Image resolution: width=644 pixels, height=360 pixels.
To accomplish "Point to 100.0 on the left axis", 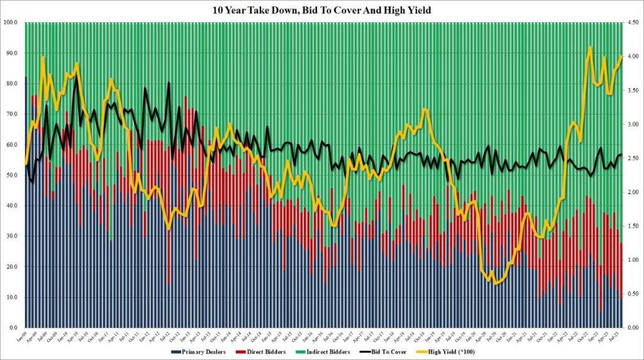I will [11, 23].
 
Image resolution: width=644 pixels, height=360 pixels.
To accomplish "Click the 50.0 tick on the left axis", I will [12, 175].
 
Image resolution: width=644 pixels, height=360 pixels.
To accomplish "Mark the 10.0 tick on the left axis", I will [12, 297].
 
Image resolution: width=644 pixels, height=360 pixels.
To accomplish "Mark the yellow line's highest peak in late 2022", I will [589, 47].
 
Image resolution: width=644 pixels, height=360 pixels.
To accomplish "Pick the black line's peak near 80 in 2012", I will [169, 82].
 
